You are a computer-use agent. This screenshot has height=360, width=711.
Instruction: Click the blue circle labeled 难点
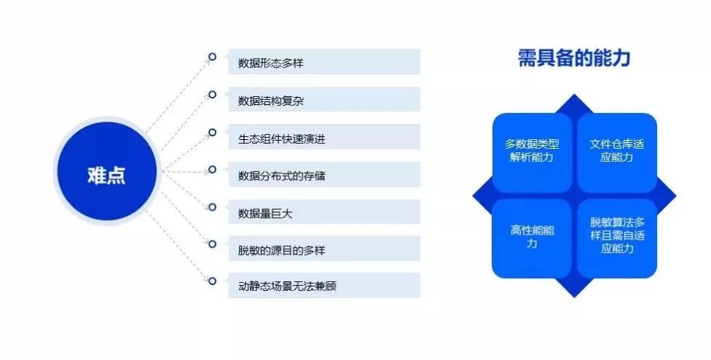pos(106,171)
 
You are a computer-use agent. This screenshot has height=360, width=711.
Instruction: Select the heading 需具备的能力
pos(574,58)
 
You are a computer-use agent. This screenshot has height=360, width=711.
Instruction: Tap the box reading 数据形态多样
pos(324,62)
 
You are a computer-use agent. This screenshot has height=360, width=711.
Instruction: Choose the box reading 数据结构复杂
pos(324,99)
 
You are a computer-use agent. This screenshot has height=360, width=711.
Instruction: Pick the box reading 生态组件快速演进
pos(324,137)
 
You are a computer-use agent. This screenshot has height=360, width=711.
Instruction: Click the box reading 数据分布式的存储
pos(324,175)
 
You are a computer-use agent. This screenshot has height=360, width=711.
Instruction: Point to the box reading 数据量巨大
pos(324,212)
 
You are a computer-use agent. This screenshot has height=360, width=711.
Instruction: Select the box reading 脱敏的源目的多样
pos(324,249)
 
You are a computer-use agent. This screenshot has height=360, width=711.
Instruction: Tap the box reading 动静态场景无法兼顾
pos(324,286)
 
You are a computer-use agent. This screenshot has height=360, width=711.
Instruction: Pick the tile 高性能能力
pos(532,238)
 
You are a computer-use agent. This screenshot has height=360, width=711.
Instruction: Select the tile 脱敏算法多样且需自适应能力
pos(617,238)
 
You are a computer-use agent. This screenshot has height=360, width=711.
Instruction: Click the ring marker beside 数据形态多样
pos(212,57)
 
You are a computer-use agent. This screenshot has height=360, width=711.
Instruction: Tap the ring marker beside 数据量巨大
pos(212,207)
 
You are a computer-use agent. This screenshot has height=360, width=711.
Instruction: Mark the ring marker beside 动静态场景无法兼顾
pos(212,281)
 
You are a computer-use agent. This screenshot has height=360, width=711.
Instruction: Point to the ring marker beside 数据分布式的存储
pos(212,170)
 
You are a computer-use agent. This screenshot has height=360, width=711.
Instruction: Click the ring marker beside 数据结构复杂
pos(212,94)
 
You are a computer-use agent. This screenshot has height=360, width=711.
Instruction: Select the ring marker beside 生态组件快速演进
pos(212,132)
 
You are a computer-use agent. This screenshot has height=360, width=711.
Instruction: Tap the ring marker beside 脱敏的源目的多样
pos(212,243)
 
